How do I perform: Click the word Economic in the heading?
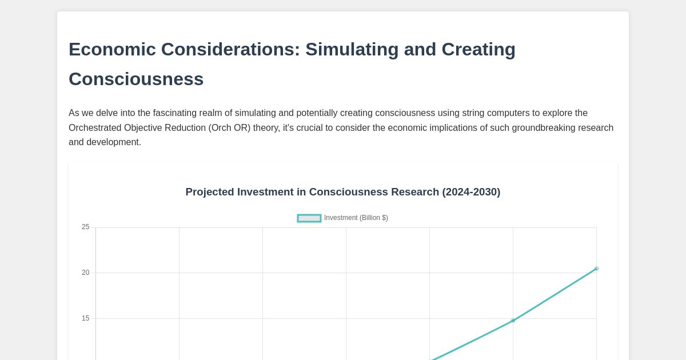click(x=112, y=50)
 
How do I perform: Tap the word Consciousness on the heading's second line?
click(x=136, y=79)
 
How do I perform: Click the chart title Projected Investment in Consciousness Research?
click(x=312, y=192)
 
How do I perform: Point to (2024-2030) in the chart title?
click(x=471, y=192)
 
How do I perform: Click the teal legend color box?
click(x=309, y=218)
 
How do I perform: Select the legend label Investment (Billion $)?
click(x=356, y=218)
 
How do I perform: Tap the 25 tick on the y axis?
click(x=86, y=227)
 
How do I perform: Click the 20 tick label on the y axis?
click(x=86, y=273)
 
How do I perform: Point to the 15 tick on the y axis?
click(x=86, y=319)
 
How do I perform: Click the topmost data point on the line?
click(x=596, y=269)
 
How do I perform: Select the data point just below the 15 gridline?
click(x=513, y=321)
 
